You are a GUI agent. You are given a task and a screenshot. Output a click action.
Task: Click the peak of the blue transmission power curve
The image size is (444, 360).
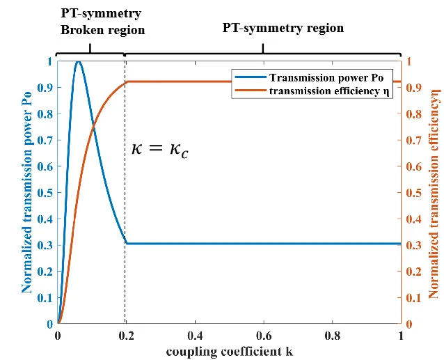79,62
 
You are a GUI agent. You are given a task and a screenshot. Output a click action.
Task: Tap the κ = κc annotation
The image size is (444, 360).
160,148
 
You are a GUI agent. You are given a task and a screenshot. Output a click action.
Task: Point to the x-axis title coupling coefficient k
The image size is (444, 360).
229,350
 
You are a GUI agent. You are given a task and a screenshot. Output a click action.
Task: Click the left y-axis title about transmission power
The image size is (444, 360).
27,192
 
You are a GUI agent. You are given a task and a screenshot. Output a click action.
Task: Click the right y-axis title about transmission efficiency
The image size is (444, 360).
434,192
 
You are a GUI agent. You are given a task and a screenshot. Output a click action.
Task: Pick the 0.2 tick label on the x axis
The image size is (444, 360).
125,336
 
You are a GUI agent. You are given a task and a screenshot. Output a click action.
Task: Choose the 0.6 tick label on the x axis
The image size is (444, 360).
263,336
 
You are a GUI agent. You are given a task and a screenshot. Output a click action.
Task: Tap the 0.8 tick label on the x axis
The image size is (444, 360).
332,336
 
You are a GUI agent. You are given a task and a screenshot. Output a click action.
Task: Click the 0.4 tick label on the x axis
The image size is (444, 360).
194,336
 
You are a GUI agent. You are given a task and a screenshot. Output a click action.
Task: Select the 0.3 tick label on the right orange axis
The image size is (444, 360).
413,245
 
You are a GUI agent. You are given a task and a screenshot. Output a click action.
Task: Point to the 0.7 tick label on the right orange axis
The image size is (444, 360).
413,140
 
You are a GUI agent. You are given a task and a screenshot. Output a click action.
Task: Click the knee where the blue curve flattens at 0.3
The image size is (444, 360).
127,244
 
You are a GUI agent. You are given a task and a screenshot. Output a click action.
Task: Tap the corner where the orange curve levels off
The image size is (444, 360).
126,82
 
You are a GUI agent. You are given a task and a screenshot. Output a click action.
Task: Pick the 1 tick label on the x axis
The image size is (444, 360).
401,336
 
